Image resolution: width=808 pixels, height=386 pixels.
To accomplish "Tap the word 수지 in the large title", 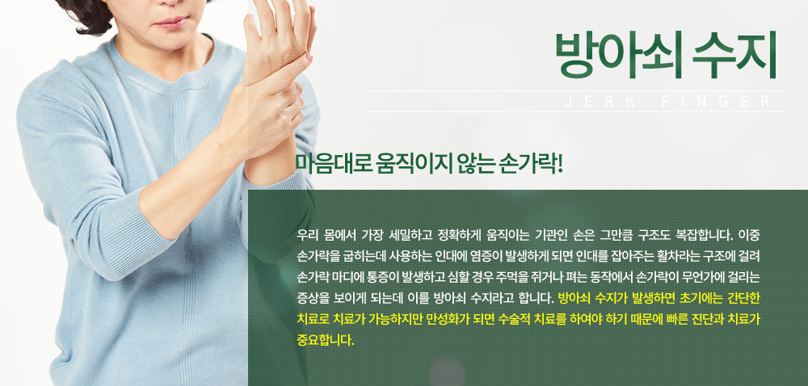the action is coord(735,55).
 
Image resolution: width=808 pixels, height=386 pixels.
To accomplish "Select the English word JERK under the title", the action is coord(595,102).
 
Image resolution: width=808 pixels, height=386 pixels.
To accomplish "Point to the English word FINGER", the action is coord(717,102).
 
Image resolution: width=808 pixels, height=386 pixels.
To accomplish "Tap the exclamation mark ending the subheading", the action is coord(560,163).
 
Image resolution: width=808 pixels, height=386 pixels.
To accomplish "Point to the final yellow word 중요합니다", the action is coord(326,341).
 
